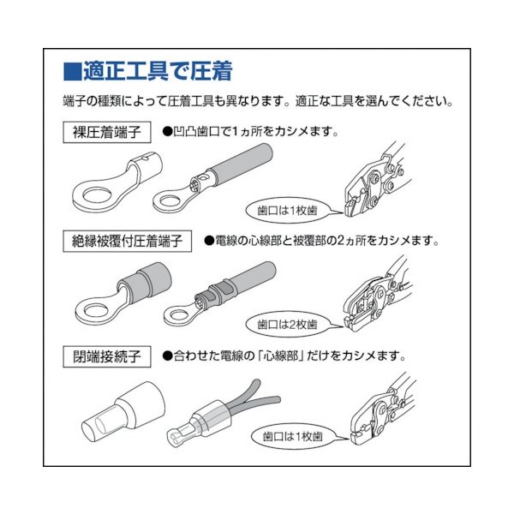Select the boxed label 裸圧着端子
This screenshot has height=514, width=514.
coord(106,133)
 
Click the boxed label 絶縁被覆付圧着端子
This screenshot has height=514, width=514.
coord(128,242)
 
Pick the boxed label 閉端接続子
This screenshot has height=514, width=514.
coord(106,353)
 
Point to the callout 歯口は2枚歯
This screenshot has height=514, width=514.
coord(287,325)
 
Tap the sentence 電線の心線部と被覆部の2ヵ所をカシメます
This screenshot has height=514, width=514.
coord(325,242)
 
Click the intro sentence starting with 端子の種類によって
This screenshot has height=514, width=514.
coord(257,101)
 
